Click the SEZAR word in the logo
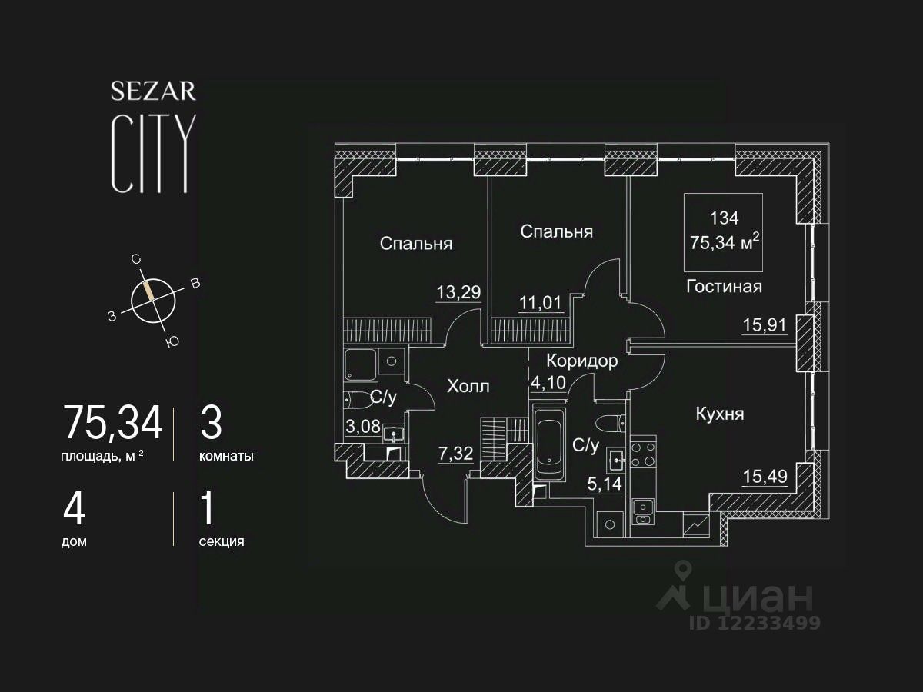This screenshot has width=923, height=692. [153, 91]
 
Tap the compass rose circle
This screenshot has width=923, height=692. [153, 299]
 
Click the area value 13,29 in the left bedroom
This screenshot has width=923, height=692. [458, 293]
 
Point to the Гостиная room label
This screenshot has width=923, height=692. [724, 287]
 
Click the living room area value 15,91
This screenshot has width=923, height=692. [764, 324]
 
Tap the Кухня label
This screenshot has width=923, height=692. [719, 414]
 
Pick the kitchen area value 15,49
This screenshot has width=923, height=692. [764, 477]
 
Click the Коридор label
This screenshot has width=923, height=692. [581, 361]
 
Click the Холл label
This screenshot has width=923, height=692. [468, 386]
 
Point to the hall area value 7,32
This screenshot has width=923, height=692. [454, 454]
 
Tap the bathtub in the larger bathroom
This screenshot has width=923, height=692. [549, 447]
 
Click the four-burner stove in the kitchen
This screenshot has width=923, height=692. [643, 454]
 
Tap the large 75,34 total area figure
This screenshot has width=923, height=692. [113, 422]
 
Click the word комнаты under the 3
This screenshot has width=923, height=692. [226, 456]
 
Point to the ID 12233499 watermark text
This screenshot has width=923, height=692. [754, 623]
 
